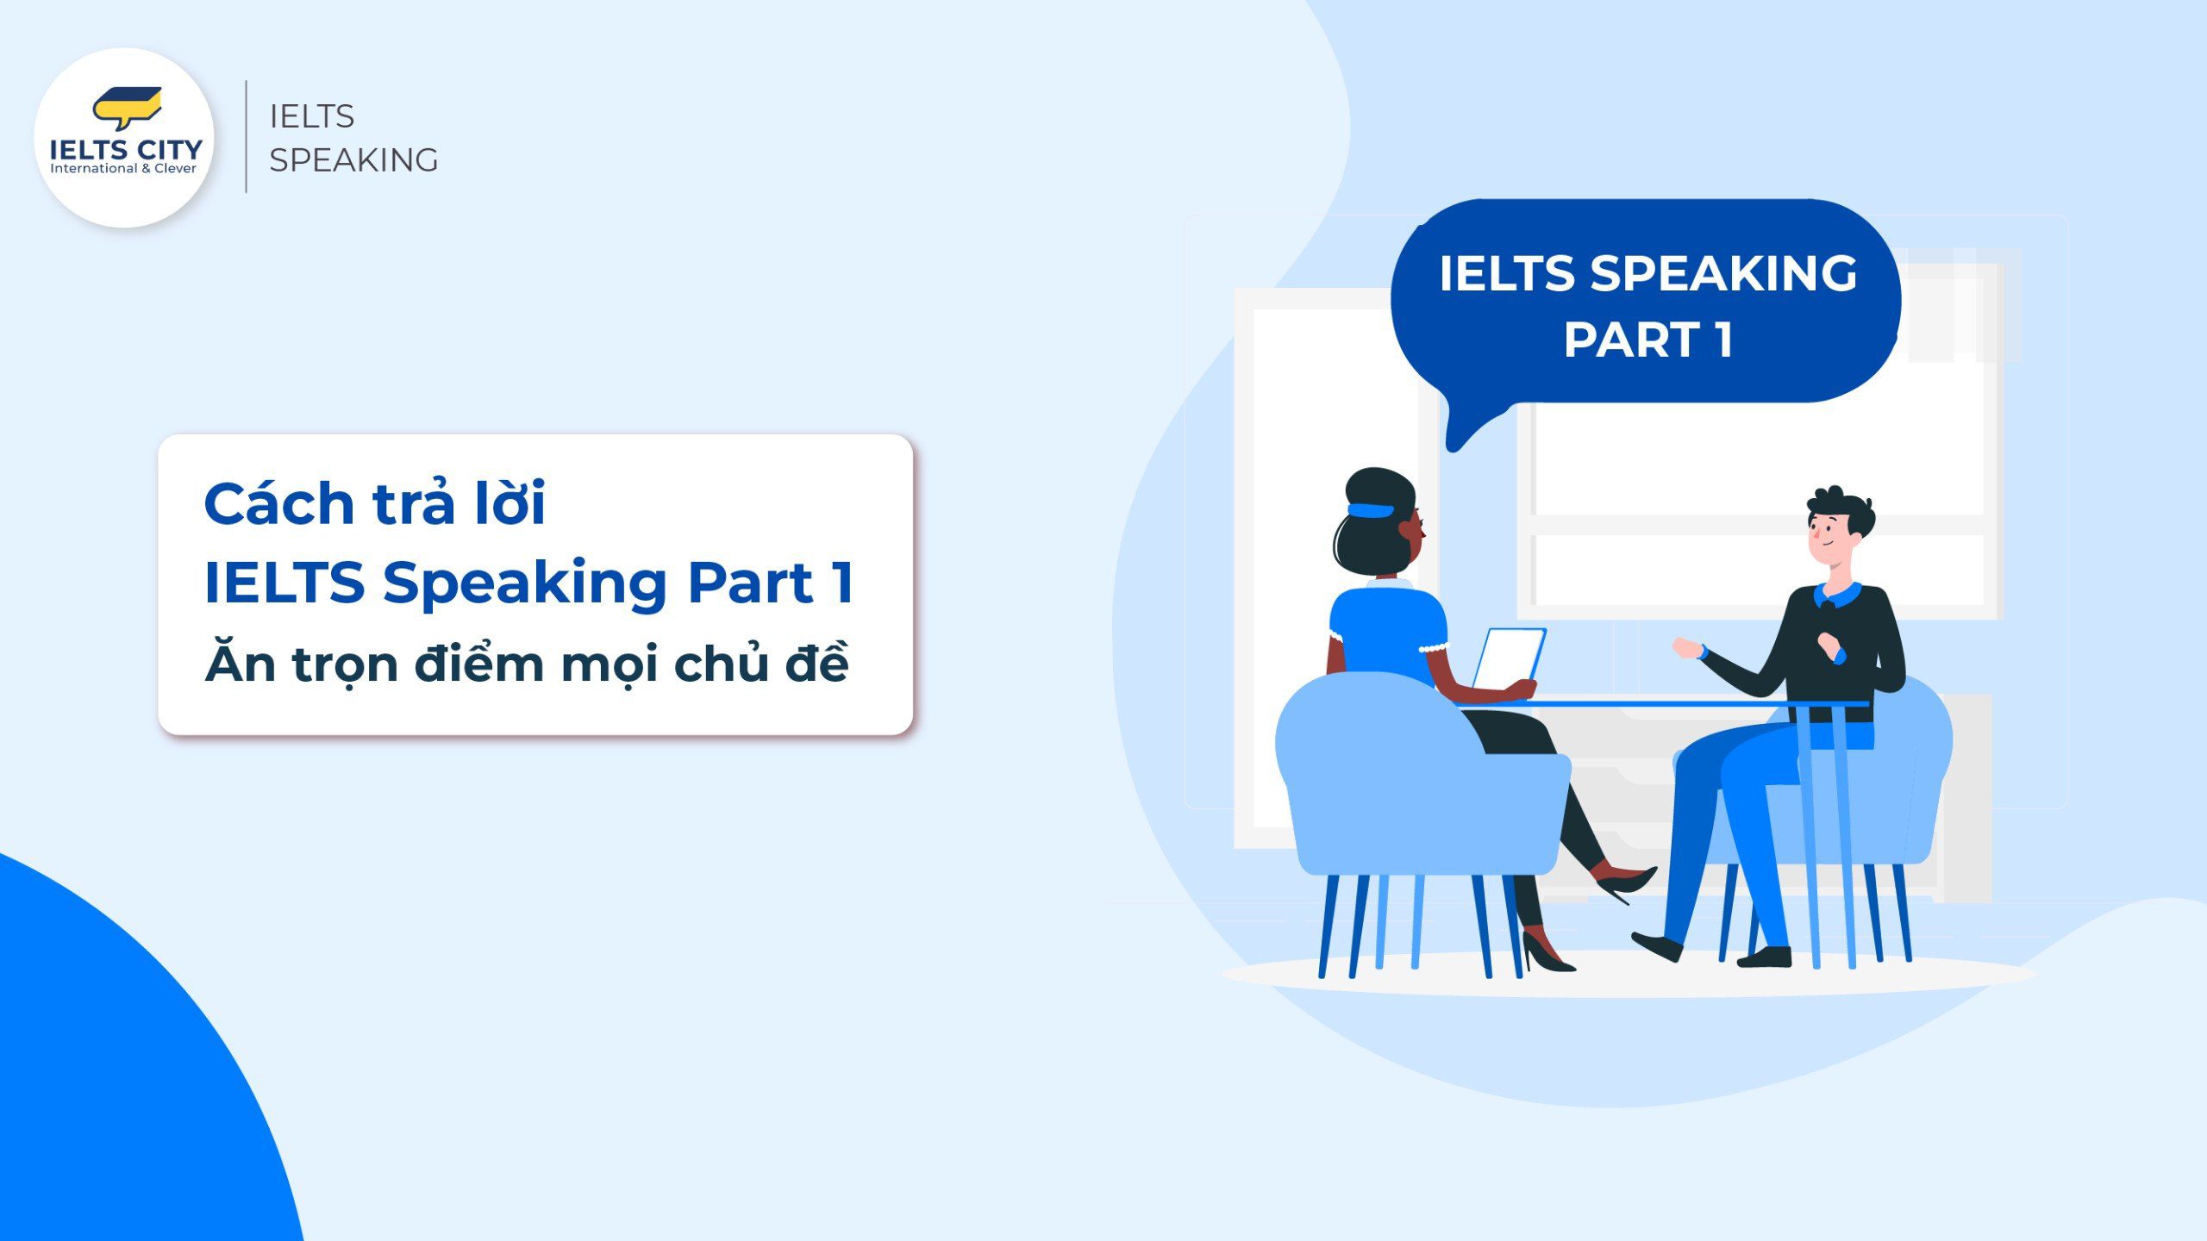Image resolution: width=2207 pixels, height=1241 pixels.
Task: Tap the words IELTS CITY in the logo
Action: coord(126,149)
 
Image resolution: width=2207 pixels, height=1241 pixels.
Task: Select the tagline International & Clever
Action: coord(123,169)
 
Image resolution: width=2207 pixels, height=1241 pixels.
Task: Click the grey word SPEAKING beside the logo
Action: coord(353,160)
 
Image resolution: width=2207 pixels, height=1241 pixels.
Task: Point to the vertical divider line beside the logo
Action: coord(247,136)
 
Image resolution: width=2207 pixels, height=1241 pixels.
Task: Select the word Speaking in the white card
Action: coord(524,583)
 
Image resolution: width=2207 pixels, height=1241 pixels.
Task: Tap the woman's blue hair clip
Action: coord(1371,509)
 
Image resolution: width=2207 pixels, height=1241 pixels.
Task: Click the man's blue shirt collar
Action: coord(1836,595)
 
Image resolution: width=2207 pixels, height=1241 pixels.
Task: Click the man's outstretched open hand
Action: coord(1686,648)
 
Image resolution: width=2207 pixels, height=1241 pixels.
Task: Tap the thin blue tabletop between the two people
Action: coord(1664,704)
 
